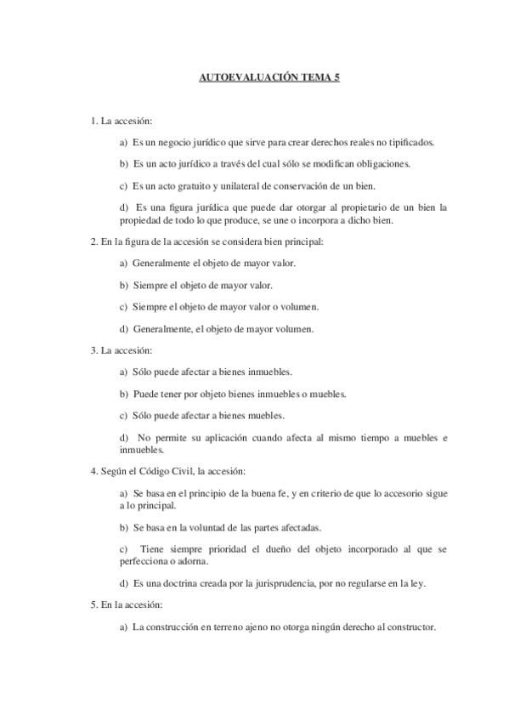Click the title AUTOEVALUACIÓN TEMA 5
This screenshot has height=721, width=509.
[x=255, y=77]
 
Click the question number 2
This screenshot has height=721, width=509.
[x=93, y=241]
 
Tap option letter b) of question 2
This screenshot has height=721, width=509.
[x=124, y=285]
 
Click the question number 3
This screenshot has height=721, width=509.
[x=93, y=350]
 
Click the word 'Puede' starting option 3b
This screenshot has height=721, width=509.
[x=144, y=394]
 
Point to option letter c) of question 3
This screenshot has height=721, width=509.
[x=124, y=416]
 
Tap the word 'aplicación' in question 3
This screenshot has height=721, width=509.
[x=223, y=437]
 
